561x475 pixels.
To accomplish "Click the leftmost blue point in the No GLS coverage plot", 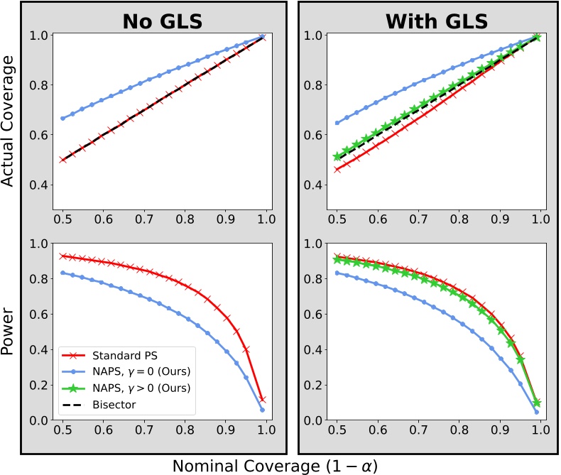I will click(x=63, y=119).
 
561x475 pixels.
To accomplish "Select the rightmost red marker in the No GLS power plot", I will click(x=263, y=399).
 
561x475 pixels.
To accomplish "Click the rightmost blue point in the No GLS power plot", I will click(x=263, y=410).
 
